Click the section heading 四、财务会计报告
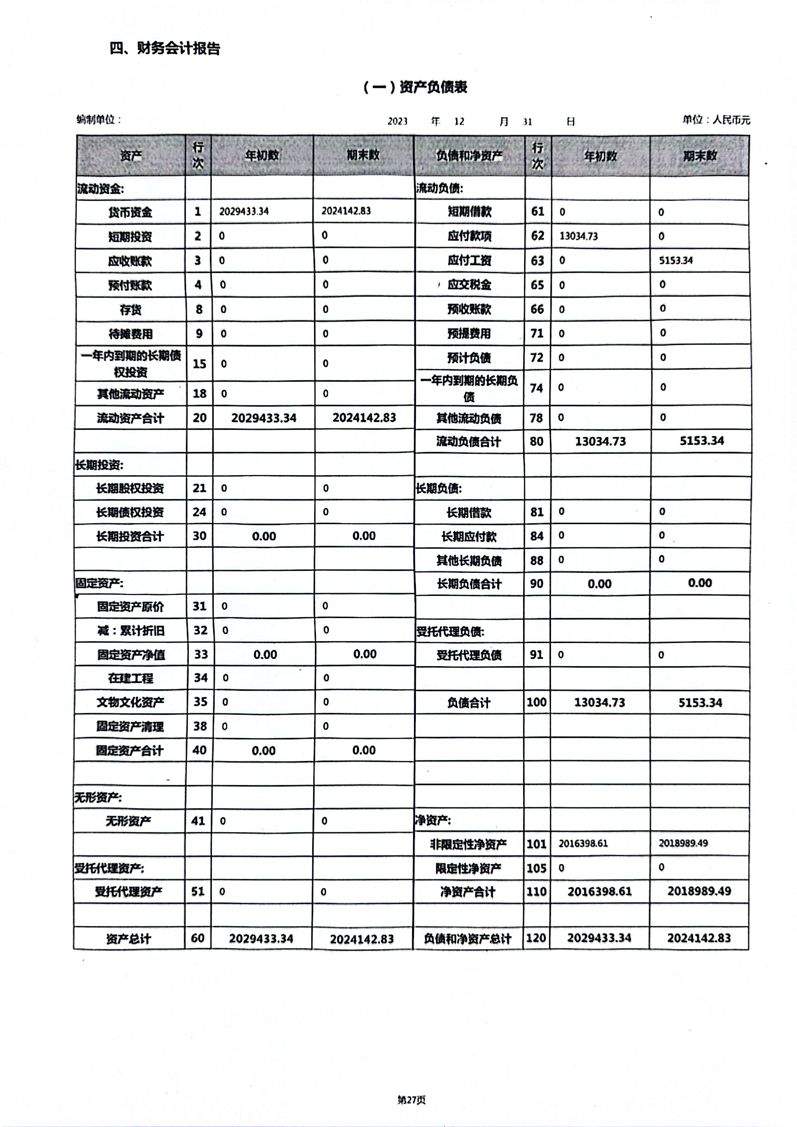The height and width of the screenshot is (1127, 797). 165,48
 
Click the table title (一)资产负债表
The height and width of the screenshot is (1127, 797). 415,87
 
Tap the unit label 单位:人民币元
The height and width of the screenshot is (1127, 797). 716,120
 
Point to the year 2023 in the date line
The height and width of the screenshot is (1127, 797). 397,121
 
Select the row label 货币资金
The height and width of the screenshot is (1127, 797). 130,212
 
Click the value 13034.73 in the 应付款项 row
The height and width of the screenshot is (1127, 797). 579,236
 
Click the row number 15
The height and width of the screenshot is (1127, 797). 199,364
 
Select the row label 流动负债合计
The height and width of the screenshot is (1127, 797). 469,442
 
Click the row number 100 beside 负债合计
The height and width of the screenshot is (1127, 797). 537,702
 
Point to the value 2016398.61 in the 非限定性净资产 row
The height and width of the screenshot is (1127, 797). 583,843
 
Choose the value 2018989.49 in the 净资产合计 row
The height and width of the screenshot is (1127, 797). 699,891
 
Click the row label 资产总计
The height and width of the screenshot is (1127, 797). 129,939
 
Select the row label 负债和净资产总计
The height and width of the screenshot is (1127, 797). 468,939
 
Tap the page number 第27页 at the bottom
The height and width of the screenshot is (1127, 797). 411,1100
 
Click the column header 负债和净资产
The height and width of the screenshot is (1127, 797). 469,155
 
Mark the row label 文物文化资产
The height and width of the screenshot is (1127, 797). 130,702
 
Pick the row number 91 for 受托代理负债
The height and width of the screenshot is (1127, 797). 537,655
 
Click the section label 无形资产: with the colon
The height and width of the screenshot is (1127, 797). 98,797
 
